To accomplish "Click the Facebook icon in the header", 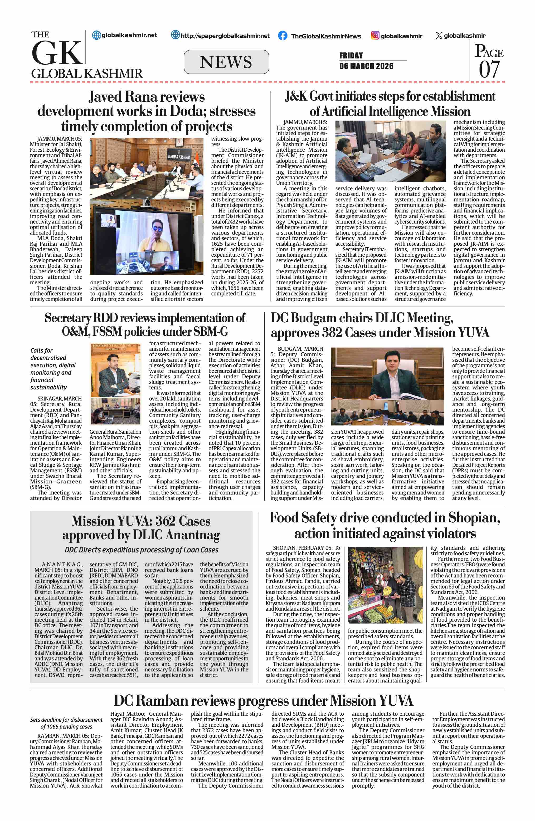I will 282,36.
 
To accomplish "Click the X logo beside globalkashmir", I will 439,36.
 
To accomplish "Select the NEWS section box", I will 226,62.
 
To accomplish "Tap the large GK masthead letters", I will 57,53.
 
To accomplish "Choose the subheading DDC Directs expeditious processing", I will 142,550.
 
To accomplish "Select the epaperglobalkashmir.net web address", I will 225,36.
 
